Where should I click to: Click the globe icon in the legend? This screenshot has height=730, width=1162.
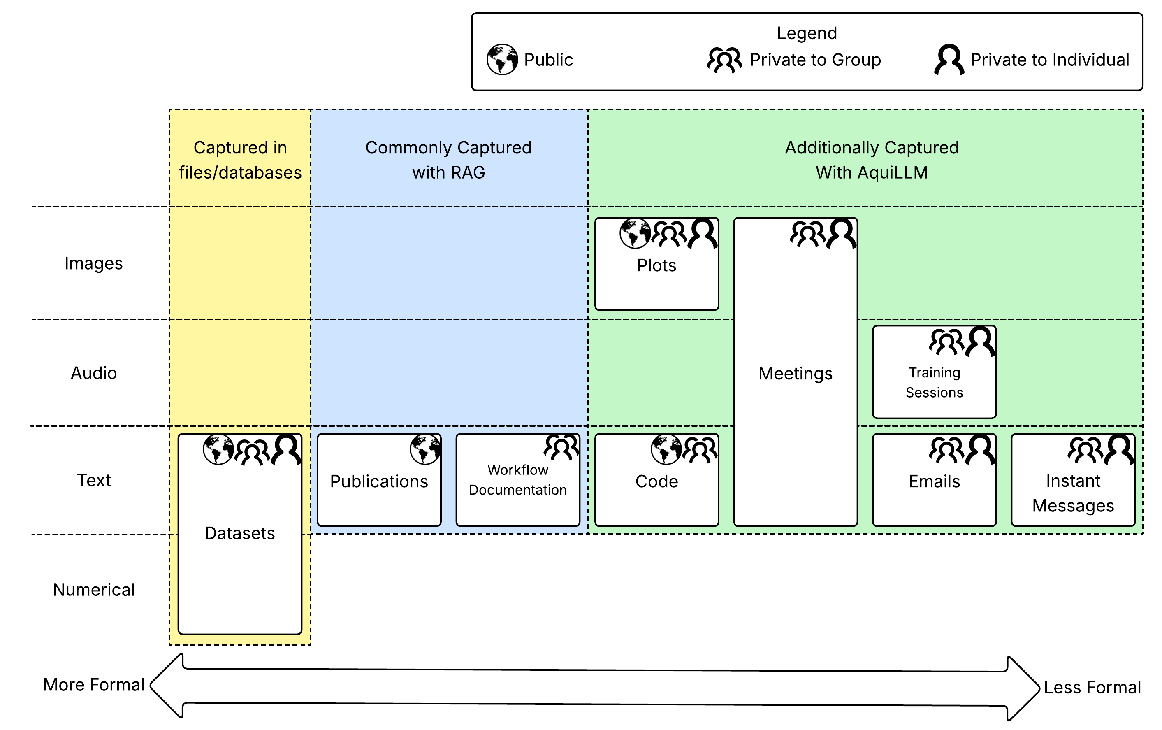point(502,59)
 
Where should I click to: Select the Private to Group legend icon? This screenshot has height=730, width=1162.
point(724,60)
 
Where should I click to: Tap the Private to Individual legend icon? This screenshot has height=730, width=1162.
point(949,59)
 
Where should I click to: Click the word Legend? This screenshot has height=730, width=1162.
point(806,33)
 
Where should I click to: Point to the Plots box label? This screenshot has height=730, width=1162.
point(656,265)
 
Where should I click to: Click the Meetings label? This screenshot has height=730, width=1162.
point(795,373)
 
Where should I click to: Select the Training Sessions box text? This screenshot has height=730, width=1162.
point(934,382)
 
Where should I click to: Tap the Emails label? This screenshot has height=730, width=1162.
point(934,481)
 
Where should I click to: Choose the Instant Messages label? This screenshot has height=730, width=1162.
point(1073,493)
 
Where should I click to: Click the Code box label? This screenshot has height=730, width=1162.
point(656,481)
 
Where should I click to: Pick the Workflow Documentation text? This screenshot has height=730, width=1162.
point(517,479)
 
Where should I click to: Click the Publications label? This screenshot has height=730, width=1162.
point(379,481)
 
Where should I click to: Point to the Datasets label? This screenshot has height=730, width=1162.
point(239,533)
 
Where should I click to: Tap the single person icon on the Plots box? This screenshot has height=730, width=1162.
point(703,233)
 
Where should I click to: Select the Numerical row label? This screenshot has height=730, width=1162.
point(94,590)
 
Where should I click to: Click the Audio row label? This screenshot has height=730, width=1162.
point(94,373)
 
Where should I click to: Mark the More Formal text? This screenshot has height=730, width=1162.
point(94,685)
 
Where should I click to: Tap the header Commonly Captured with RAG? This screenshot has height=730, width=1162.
point(448,160)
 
